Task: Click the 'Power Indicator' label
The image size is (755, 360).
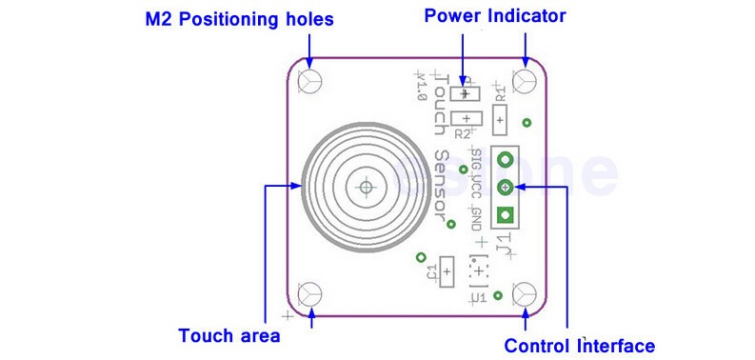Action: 495,16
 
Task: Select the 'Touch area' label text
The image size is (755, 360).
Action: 229,335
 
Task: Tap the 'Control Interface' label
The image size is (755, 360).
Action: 579,345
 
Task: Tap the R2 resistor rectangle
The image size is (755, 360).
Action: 467,118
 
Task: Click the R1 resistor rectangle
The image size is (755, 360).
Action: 500,119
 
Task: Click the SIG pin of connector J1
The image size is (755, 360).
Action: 506,161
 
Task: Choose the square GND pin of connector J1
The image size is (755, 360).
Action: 506,213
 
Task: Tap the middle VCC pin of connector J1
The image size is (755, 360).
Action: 506,187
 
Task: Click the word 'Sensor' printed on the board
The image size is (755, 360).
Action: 440,187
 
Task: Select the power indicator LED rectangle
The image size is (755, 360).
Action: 466,93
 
